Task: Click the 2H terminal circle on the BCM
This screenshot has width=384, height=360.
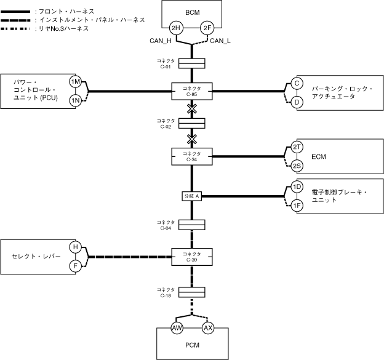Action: (x=177, y=28)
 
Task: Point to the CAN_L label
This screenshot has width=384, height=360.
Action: (x=220, y=41)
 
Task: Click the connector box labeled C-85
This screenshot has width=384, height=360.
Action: (x=192, y=92)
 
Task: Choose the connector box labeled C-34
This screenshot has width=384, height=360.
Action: (x=192, y=156)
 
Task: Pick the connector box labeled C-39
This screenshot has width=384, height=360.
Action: (x=192, y=256)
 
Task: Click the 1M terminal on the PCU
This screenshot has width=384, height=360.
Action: (x=76, y=82)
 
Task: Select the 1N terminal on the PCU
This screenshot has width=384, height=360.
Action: (x=76, y=100)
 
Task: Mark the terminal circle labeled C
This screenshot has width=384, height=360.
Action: (x=297, y=82)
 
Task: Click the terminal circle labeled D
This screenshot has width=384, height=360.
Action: (x=297, y=102)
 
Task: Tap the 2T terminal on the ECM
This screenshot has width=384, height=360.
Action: (x=297, y=148)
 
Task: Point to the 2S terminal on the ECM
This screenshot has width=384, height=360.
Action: (x=297, y=166)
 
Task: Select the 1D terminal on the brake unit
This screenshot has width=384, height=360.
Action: (x=297, y=187)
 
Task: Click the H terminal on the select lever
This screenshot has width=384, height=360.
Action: (x=76, y=247)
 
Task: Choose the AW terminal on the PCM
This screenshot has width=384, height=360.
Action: (x=177, y=328)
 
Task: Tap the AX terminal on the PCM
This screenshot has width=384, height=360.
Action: (x=207, y=328)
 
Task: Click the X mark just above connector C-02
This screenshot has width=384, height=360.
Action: (x=192, y=108)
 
